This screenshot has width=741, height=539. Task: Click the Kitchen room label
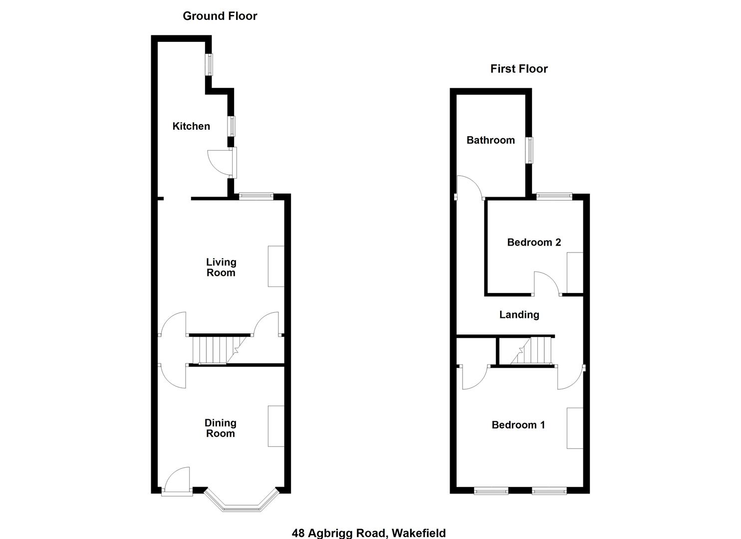[x=191, y=126]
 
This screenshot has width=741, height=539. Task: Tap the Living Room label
[x=221, y=267]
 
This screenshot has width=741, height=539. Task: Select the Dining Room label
[x=220, y=428]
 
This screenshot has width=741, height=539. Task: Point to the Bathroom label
[x=491, y=140]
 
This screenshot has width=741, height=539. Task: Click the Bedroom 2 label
[x=534, y=243]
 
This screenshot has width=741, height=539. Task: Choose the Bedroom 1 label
[x=518, y=425]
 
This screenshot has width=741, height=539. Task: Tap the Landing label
[x=519, y=315]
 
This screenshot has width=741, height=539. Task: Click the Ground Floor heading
[x=220, y=16]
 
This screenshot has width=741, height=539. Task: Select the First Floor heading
[x=519, y=69]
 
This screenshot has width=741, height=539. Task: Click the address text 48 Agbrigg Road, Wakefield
[x=369, y=533]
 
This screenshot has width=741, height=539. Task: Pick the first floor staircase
[x=531, y=351]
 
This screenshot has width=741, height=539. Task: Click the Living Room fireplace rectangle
[x=276, y=266]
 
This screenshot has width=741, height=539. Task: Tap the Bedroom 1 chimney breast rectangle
[x=575, y=428]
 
